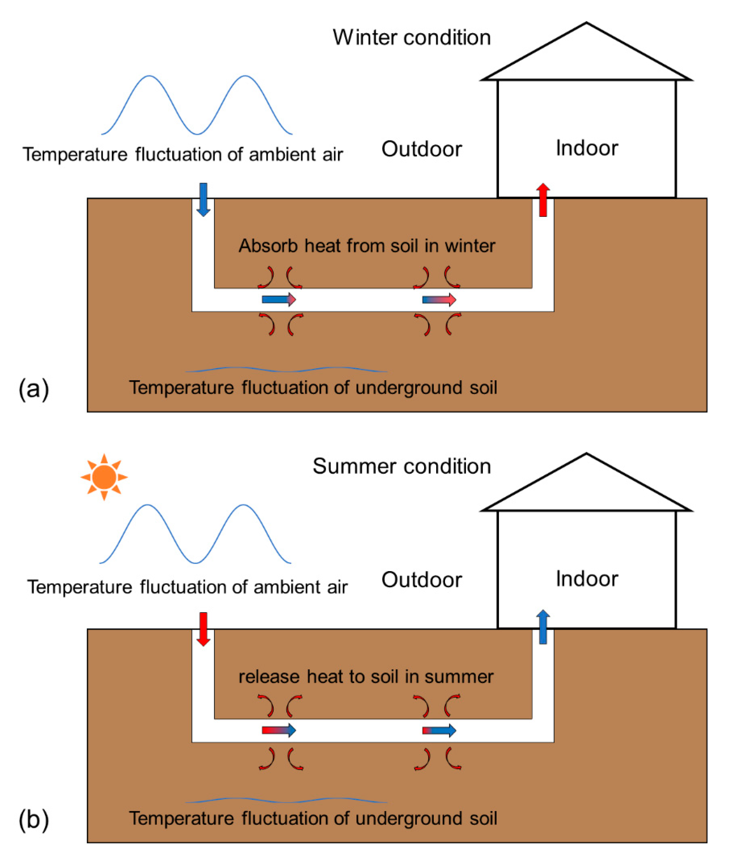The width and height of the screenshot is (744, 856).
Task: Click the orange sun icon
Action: click(104, 477)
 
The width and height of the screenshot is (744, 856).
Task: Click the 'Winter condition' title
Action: click(411, 38)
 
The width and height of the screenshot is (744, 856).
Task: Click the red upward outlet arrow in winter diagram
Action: click(543, 200)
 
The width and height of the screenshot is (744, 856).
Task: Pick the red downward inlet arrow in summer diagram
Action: click(203, 629)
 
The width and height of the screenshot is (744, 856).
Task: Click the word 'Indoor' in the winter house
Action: click(587, 148)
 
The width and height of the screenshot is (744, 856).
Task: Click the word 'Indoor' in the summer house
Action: click(587, 579)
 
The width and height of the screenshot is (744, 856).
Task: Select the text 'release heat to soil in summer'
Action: click(366, 677)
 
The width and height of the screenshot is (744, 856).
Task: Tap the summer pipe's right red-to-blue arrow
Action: click(439, 730)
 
